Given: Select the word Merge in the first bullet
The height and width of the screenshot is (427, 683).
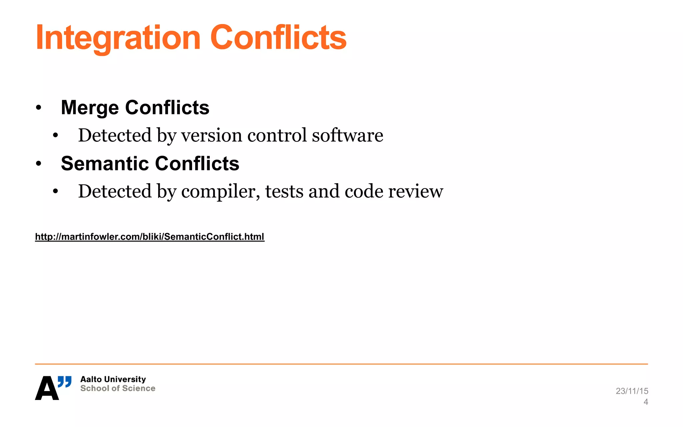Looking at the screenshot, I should pyautogui.click(x=90, y=108).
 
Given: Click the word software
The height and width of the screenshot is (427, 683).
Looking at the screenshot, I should pyautogui.click(x=348, y=135).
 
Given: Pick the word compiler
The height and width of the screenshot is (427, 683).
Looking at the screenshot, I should pyautogui.click(x=220, y=191).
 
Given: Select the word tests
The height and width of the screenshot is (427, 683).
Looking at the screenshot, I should pyautogui.click(x=284, y=191).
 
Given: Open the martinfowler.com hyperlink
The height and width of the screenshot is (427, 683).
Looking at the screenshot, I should pyautogui.click(x=150, y=237).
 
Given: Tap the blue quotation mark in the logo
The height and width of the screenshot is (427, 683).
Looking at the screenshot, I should pyautogui.click(x=64, y=382).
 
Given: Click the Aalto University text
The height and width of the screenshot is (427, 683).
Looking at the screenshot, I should pyautogui.click(x=113, y=379).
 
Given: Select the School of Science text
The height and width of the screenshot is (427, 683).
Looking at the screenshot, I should pyautogui.click(x=118, y=388).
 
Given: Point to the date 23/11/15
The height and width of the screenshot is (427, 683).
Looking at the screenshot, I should pyautogui.click(x=632, y=391).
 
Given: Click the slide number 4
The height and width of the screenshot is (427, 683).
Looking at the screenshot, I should pyautogui.click(x=646, y=402).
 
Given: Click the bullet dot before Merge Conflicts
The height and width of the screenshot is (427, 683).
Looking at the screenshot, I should pyautogui.click(x=39, y=108).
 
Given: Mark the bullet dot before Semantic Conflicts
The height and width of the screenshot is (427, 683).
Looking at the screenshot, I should pyautogui.click(x=39, y=163).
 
